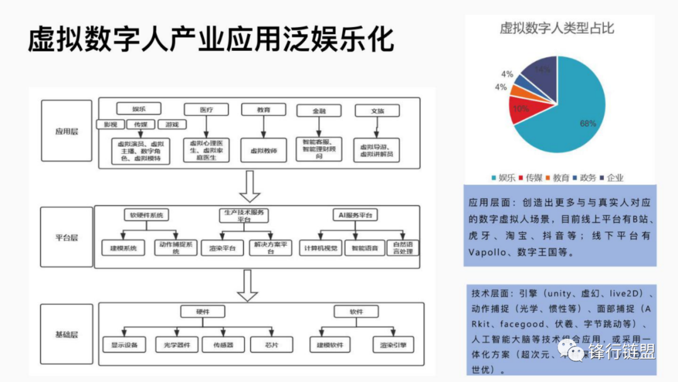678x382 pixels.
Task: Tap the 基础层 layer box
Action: click(x=66, y=334)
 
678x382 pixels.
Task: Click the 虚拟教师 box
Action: click(x=263, y=151)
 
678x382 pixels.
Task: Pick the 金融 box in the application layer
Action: click(x=319, y=111)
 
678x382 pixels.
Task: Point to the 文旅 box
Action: click(x=377, y=111)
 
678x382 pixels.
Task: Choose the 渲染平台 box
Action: click(x=222, y=248)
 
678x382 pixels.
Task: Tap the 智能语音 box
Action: click(x=364, y=248)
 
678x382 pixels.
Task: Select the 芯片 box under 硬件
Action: click(x=271, y=344)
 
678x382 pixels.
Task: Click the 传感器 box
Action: click(x=223, y=344)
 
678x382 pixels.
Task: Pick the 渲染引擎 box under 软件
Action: click(x=393, y=344)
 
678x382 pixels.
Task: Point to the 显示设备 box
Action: click(x=124, y=344)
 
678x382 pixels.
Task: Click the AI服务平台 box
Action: click(x=355, y=215)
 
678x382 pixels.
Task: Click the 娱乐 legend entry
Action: click(x=502, y=178)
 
